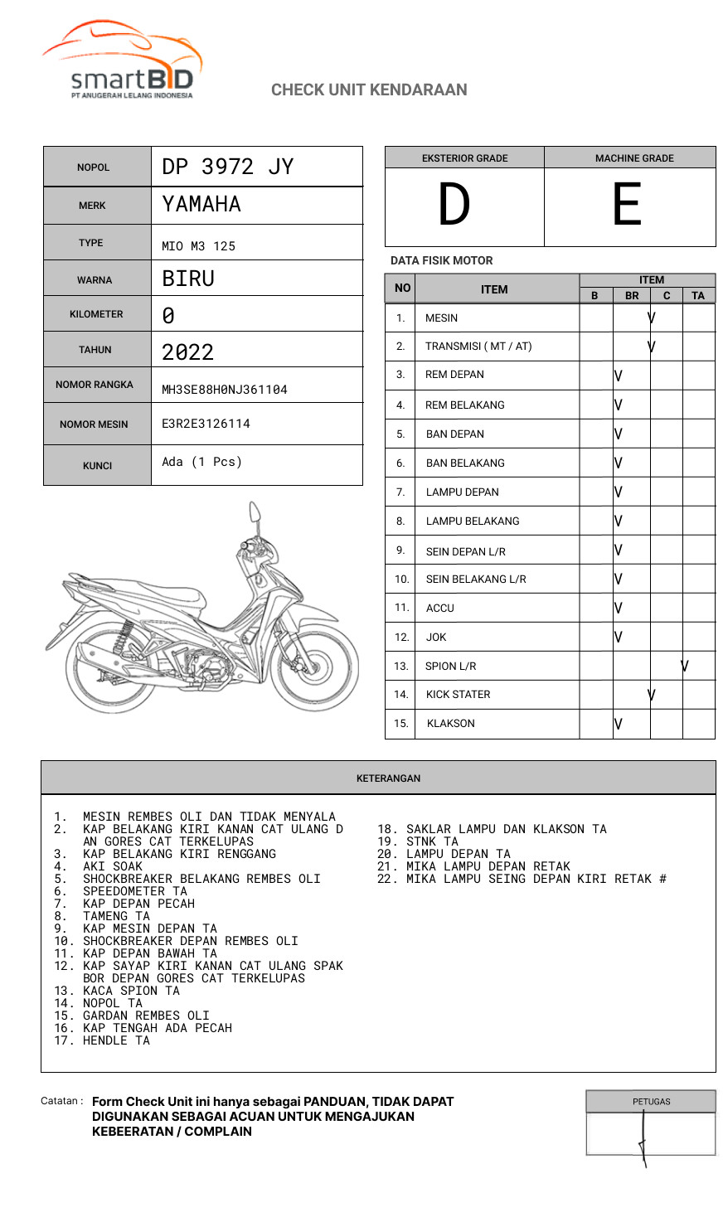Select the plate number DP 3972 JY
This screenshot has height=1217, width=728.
[228, 167]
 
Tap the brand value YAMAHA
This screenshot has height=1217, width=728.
[201, 204]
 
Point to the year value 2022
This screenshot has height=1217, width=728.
[188, 352]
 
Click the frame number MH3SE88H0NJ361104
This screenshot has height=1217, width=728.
[225, 390]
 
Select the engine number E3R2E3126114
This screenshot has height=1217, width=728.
[206, 424]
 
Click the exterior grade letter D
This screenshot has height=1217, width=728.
[454, 205]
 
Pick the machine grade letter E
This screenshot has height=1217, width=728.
[627, 205]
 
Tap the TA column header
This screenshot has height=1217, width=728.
[698, 295]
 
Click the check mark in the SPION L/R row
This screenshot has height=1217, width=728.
[685, 666]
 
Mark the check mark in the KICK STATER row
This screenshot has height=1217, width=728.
[652, 695]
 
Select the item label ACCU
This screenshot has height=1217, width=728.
[440, 608]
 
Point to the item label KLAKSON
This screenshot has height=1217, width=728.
[451, 724]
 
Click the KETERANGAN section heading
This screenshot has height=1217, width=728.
[388, 778]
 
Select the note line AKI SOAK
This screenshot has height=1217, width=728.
[113, 866]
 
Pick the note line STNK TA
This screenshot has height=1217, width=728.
[432, 841]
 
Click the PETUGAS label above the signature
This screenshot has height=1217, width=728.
[651, 1102]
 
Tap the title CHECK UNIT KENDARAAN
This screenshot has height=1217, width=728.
[369, 90]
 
